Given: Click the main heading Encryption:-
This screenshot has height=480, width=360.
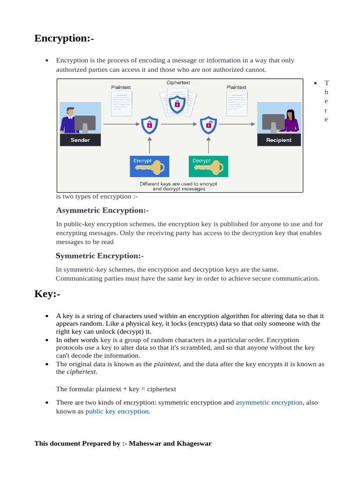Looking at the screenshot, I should (64, 38).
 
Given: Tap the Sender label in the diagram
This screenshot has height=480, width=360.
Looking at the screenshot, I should (80, 140).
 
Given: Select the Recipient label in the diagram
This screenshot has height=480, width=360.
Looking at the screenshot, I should (279, 140).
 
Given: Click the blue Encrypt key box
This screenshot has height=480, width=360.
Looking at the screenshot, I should (150, 166).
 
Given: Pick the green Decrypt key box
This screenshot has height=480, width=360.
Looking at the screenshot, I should (208, 166).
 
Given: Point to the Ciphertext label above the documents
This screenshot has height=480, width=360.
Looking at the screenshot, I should (178, 83).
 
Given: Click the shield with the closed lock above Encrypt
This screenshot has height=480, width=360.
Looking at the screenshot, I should (149, 125).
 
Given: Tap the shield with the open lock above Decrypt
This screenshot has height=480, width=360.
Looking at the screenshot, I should (208, 125).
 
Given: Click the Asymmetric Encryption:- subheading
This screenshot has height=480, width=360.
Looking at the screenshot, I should (102, 210).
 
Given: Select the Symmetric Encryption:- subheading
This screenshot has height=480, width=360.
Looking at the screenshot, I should (99, 256).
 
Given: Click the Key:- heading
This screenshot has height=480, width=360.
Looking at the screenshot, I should (47, 294).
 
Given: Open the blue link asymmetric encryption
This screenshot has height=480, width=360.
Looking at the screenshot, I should (269, 402).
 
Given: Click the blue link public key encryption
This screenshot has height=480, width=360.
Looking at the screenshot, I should (117, 411).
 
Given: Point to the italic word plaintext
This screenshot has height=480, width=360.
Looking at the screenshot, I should (167, 364).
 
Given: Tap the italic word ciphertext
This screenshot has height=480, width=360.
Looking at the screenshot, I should (82, 372).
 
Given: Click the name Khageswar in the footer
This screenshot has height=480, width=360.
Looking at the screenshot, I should (194, 443).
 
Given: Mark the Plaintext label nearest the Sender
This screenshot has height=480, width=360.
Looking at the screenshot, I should (121, 87).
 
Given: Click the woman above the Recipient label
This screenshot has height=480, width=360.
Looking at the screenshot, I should (290, 121).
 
